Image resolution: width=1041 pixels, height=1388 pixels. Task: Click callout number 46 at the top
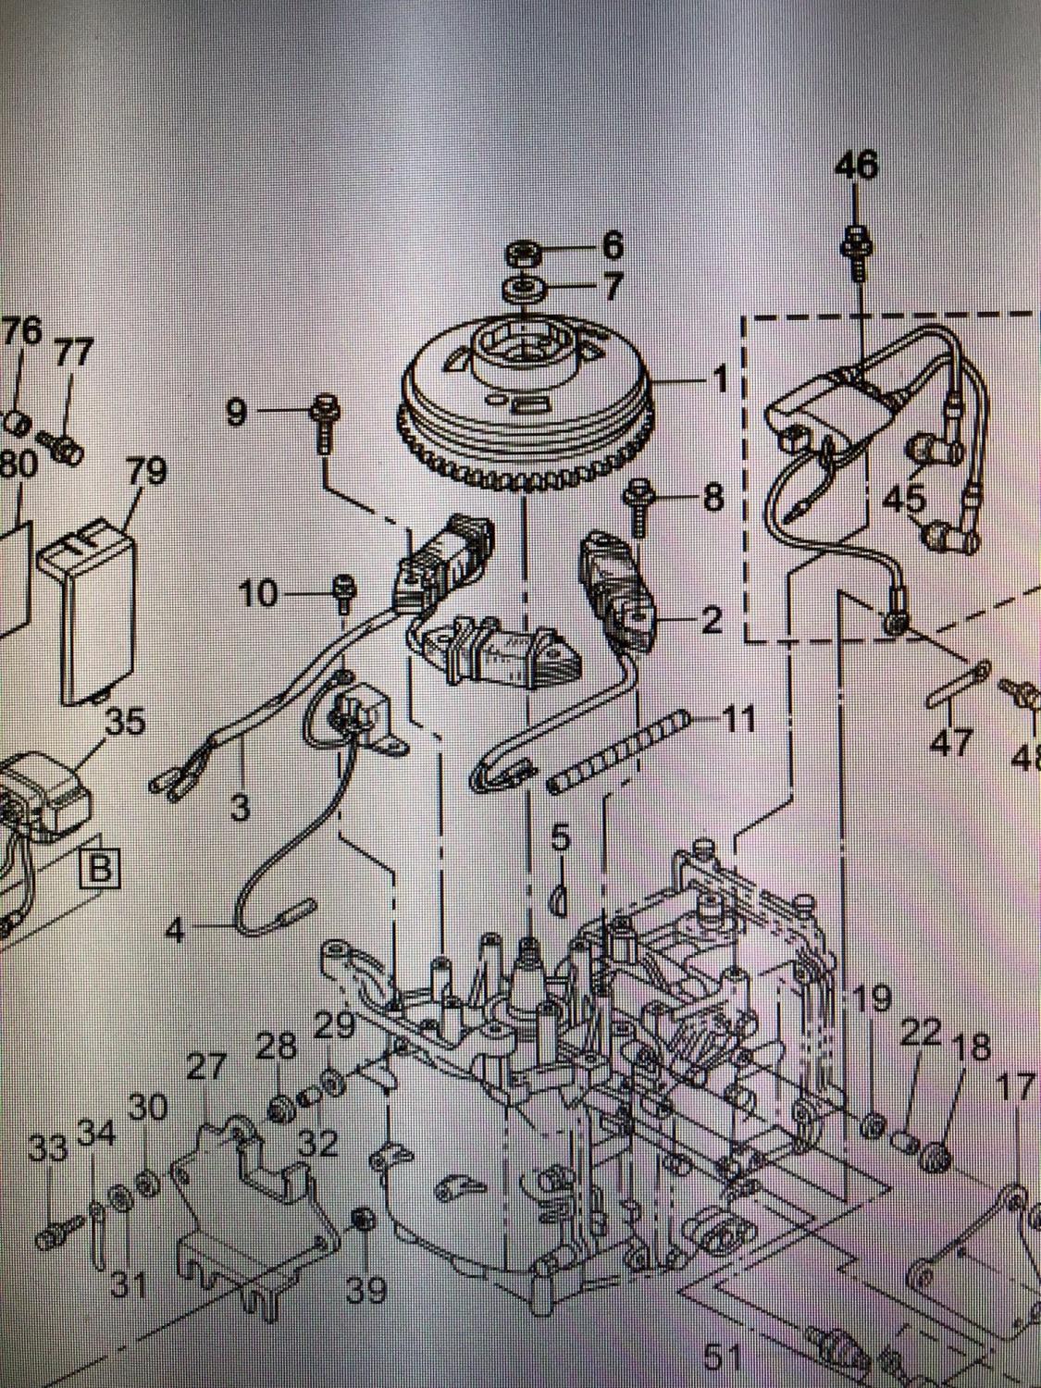pyautogui.click(x=857, y=167)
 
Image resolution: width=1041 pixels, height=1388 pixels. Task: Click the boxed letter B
pyautogui.click(x=102, y=870)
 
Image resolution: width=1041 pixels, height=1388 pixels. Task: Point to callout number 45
pyautogui.click(x=904, y=499)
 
